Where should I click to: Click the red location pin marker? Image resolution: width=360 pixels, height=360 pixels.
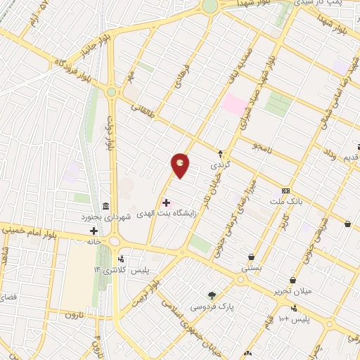point(181,165)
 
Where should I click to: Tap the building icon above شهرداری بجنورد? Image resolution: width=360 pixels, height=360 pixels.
point(105,206)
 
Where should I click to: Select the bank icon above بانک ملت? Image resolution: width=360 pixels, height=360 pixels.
point(285,191)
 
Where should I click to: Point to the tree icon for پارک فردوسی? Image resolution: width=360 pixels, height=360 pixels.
point(212,295)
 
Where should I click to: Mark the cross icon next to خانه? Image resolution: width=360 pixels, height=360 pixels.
point(94,231)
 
